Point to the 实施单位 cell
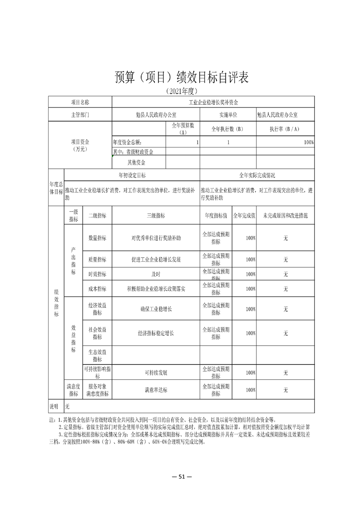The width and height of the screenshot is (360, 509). [228, 115]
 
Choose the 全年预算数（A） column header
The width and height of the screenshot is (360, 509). [183, 129]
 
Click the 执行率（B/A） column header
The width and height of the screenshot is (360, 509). [285, 129]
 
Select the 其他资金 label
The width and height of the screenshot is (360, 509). [139, 162]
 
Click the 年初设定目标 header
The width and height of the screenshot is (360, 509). [132, 175]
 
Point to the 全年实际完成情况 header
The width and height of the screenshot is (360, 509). [257, 175]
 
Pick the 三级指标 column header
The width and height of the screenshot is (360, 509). [156, 216]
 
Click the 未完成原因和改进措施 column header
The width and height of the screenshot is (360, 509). [286, 216]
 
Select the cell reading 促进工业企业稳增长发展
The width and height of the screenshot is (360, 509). [156, 259]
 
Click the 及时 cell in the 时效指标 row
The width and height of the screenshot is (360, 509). [156, 274]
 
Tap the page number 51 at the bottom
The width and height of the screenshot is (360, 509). [180, 476]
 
